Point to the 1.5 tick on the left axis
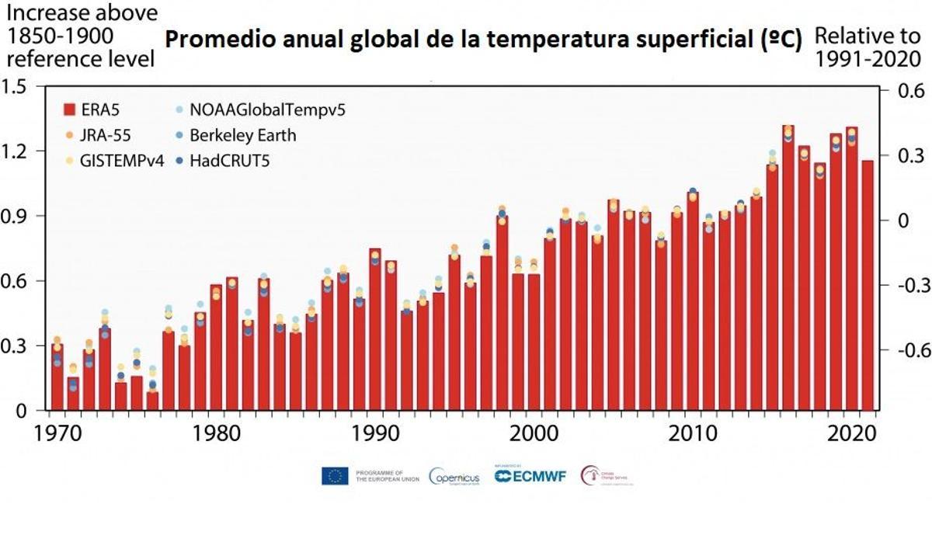click(x=16, y=87)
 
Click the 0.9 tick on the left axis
click(x=16, y=217)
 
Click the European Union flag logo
click(x=335, y=477)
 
